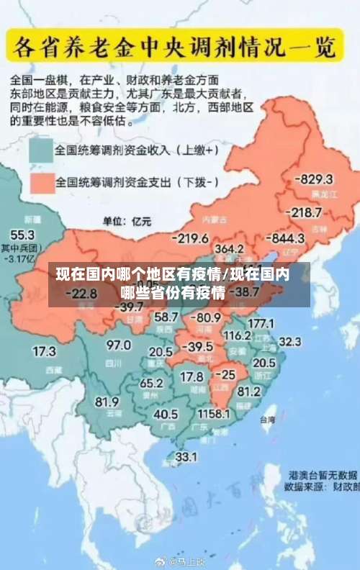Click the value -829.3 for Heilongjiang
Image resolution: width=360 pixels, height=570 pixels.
tap(316, 179)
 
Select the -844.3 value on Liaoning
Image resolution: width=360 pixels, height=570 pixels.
tap(286, 237)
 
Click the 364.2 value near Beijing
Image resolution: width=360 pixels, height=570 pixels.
tap(229, 248)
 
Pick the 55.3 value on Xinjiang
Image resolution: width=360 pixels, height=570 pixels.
tap(22, 235)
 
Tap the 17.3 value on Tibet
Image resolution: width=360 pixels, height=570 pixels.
tap(45, 351)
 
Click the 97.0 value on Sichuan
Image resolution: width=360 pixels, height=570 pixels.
tap(119, 345)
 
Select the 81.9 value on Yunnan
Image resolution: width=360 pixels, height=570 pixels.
tap(107, 402)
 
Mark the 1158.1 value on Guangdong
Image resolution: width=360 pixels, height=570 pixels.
tap(214, 414)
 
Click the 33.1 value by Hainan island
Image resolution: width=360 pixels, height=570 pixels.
tap(186, 456)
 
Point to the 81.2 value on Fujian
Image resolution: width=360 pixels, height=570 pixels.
tap(248, 392)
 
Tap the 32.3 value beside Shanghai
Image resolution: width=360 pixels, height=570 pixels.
tap(289, 340)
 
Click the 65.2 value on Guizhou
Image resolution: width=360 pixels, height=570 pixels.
tap(151, 383)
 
